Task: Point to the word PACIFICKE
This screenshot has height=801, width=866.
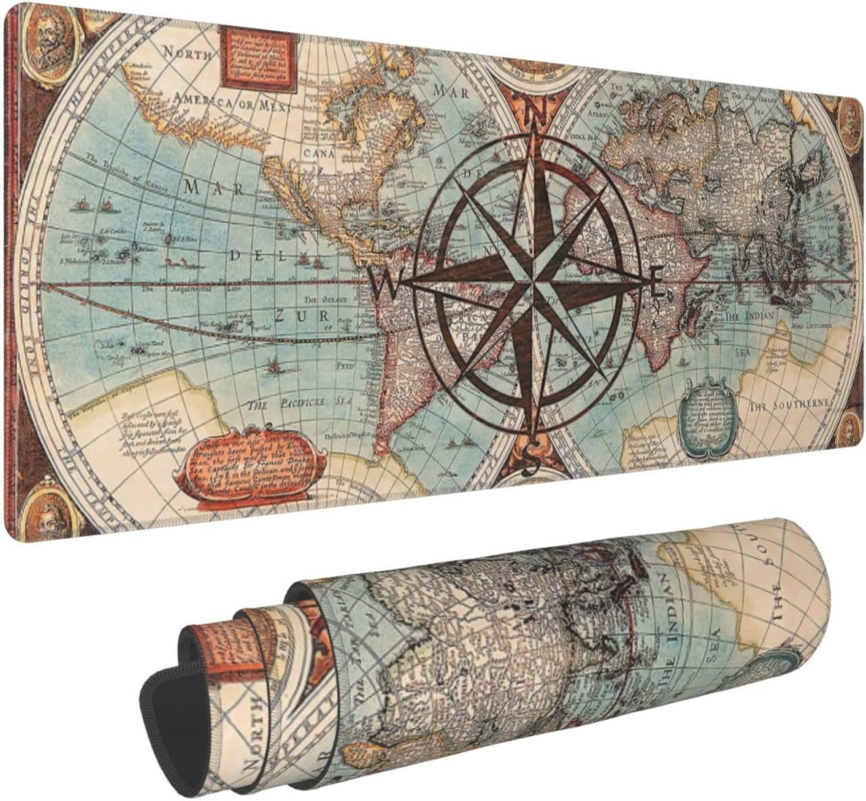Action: pyautogui.click(x=301, y=404)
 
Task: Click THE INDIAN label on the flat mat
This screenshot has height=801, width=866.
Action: pyautogui.click(x=751, y=316)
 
